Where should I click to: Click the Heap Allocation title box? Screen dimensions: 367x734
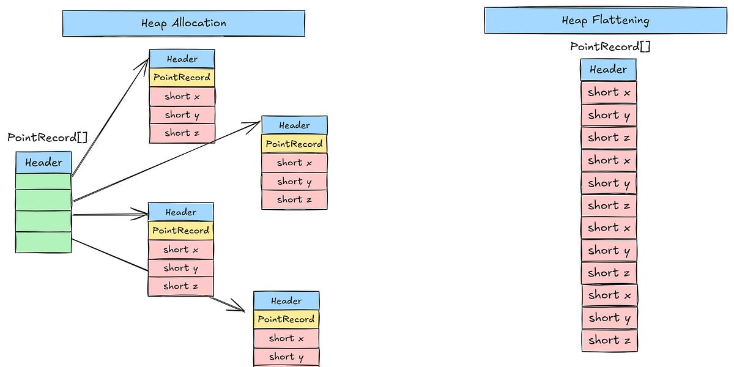click(x=183, y=23)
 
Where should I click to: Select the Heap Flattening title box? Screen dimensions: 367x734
click(x=606, y=20)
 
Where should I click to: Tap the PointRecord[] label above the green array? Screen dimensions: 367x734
click(x=47, y=137)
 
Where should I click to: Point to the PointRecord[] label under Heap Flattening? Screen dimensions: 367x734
click(x=609, y=46)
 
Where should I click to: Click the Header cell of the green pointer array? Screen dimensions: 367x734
click(x=43, y=163)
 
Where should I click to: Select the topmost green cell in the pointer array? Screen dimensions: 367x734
click(x=43, y=182)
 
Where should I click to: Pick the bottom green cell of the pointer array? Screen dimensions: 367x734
click(x=43, y=242)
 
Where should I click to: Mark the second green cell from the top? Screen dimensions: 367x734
click(x=43, y=200)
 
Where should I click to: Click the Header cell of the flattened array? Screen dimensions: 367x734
click(x=608, y=70)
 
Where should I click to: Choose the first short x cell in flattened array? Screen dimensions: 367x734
click(x=609, y=92)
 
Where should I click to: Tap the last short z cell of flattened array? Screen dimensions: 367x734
click(x=609, y=341)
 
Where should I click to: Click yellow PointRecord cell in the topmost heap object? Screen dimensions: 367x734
click(x=182, y=78)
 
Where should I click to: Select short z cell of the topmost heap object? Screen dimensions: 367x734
click(x=182, y=133)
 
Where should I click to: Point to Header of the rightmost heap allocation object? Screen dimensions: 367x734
click(x=294, y=125)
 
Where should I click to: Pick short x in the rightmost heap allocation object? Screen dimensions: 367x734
click(x=294, y=163)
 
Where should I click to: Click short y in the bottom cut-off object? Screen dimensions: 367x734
click(x=286, y=357)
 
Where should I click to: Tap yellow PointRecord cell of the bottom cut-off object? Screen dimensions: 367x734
click(x=286, y=319)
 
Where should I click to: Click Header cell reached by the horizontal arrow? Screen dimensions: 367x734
click(x=181, y=212)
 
